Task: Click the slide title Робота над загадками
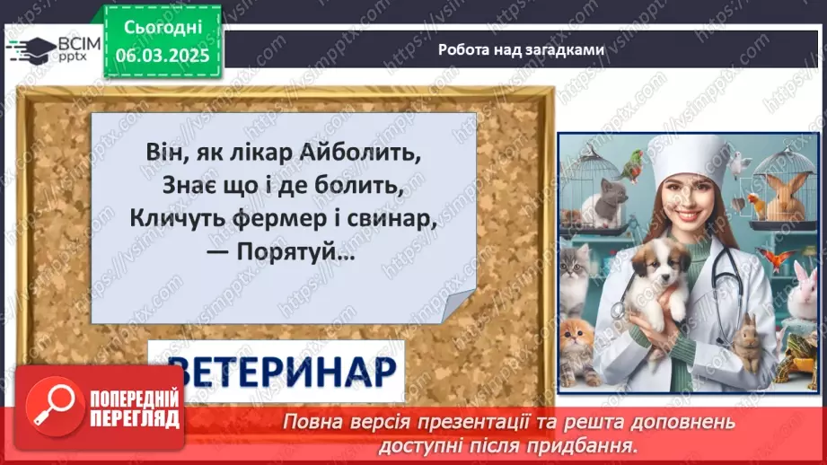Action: tap(521, 49)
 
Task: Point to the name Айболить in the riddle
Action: tap(370, 154)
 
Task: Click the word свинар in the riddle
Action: tap(396, 217)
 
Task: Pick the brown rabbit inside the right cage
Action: tap(785, 194)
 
